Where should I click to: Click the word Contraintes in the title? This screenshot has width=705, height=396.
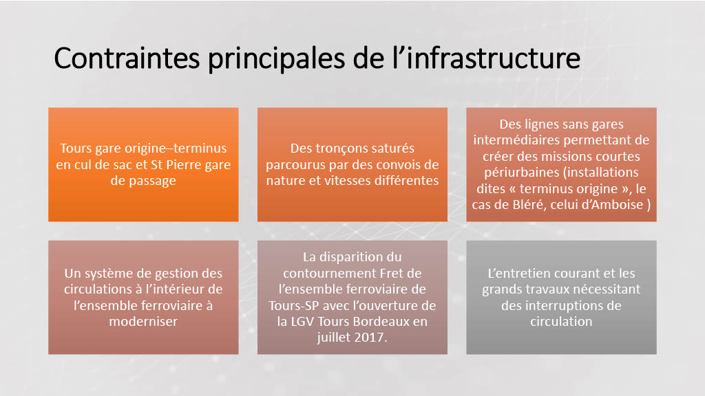coord(127,58)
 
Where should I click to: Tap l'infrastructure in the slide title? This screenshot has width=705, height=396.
coord(486,58)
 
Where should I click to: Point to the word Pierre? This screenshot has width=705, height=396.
coord(183,165)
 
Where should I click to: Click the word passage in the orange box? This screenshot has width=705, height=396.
coord(152,181)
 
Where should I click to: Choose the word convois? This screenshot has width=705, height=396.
coord(399,165)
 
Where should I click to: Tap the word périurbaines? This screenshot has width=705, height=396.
coord(522,173)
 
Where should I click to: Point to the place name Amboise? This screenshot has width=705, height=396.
coord(617,205)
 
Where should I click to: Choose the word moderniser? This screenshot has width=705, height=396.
coord(143,322)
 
